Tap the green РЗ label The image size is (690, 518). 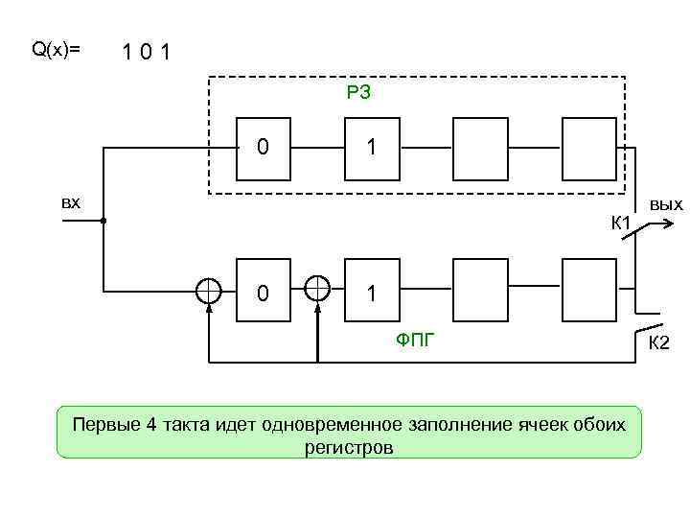pos(358,93)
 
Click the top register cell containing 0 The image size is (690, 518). pos(263,148)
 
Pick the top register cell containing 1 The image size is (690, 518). pos(371,148)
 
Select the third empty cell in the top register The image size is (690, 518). pos(479,148)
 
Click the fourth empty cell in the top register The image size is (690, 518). pos(588,148)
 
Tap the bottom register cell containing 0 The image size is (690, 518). pos(263,290)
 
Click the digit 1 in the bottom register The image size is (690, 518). pos(371,290)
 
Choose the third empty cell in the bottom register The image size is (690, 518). pos(479,290)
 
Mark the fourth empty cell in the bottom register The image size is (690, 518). pos(588,290)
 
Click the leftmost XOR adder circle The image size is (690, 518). pos(208,290)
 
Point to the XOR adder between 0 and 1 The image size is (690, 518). pos(317,290)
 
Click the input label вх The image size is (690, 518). pos(70,202)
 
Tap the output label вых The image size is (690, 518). pos(665,204)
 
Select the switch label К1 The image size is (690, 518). pos(619,224)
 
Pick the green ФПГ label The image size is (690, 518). pos(415,337)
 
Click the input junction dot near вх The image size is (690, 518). pos(103,221)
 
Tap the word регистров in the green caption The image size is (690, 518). pos(349,447)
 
